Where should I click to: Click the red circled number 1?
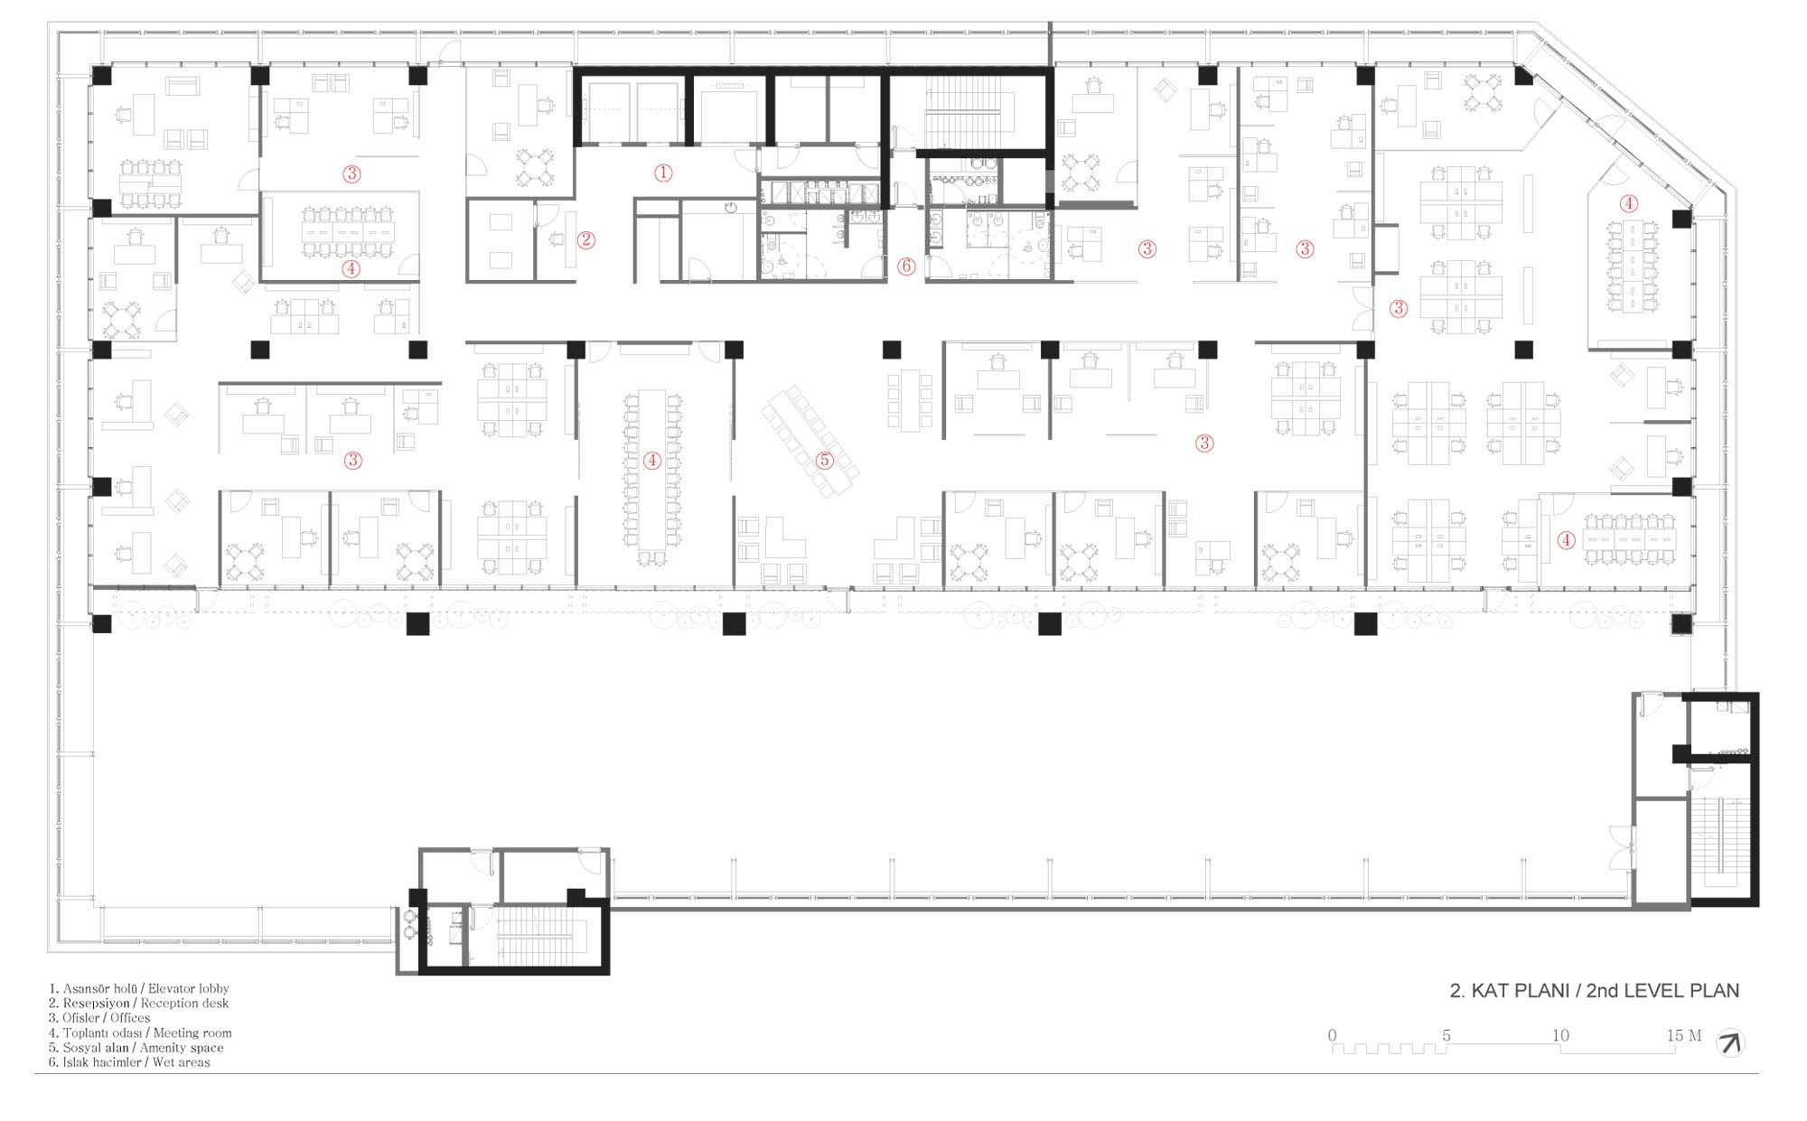coord(663,173)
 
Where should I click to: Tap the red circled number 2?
coord(586,240)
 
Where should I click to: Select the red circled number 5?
coord(824,460)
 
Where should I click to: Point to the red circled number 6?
coord(906,266)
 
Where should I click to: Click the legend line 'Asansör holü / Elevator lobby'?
coord(139,989)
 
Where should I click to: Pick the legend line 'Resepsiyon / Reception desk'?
coord(139,1004)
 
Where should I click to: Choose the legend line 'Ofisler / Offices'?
coord(99,1018)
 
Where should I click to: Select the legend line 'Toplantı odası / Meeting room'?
coord(140,1032)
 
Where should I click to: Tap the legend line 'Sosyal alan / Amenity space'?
coord(136,1048)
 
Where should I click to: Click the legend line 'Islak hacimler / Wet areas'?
coord(129,1062)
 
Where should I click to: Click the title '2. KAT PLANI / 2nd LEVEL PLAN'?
coord(1595,991)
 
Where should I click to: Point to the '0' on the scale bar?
coord(1332,1035)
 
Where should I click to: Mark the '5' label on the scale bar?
coord(1447,1035)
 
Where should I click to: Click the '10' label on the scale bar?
coord(1560,1035)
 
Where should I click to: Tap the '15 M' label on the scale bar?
coord(1684,1035)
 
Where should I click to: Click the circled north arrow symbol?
coord(1730,1043)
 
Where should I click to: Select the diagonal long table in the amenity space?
coord(810,440)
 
